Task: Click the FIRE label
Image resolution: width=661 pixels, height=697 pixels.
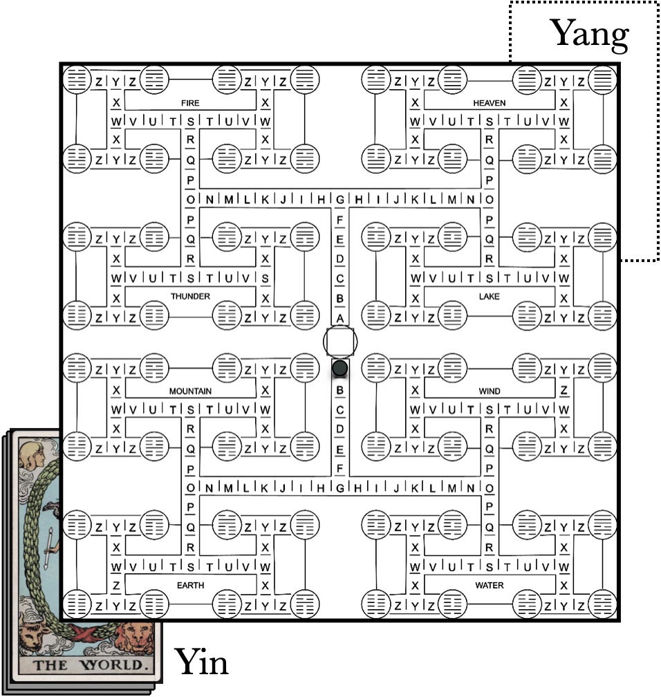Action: tap(190, 103)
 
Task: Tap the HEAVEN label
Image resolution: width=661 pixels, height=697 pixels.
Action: tap(489, 103)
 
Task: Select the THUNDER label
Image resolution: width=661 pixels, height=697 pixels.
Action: tap(190, 296)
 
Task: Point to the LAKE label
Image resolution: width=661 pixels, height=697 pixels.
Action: tap(489, 296)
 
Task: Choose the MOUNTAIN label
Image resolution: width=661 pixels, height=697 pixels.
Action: tap(190, 391)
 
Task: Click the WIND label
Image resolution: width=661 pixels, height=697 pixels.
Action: tap(489, 391)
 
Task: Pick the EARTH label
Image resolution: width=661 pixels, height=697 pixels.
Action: tap(190, 585)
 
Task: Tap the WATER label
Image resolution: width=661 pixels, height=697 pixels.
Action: tap(489, 585)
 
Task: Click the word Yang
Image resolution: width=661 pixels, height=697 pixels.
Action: tap(588, 33)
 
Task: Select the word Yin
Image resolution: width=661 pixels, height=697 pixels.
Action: tap(201, 662)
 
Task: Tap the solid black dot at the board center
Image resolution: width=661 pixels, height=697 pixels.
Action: tap(339, 368)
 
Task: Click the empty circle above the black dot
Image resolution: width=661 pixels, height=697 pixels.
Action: tap(340, 340)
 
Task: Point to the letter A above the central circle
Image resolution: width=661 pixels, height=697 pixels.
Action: tap(339, 317)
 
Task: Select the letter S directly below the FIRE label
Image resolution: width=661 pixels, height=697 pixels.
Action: tap(190, 122)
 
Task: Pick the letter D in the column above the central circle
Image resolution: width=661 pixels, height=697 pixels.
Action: tap(339, 259)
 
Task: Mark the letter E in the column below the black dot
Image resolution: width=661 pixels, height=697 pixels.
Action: tap(339, 448)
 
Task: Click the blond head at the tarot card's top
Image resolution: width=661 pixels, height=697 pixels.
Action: tap(33, 453)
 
